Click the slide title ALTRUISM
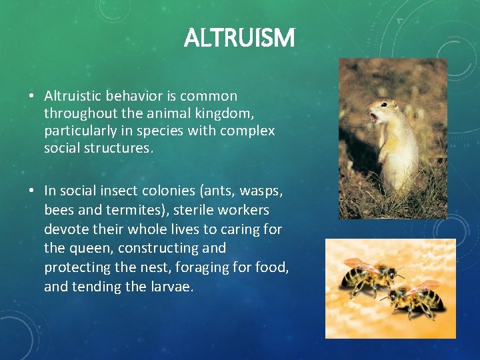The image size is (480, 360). [x=239, y=38]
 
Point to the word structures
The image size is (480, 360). [x=98, y=148]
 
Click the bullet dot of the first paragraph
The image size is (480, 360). [x=32, y=97]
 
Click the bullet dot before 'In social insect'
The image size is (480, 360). [x=32, y=191]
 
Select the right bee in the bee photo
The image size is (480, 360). [x=415, y=298]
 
